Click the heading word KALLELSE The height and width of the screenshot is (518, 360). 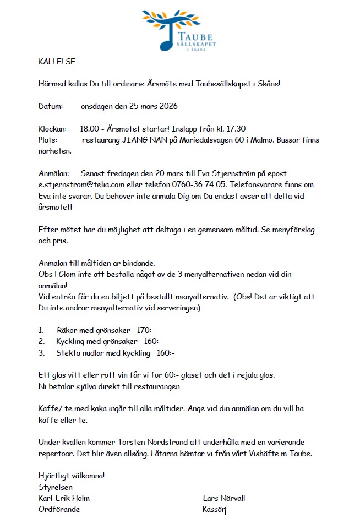pos(57,62)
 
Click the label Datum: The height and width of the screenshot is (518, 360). pos(51,106)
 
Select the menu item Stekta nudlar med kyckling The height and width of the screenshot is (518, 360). pos(103,353)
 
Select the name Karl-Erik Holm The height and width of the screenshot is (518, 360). pos(64,498)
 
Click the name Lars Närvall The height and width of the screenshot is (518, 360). pos(224,498)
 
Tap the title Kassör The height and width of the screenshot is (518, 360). pos(214,509)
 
